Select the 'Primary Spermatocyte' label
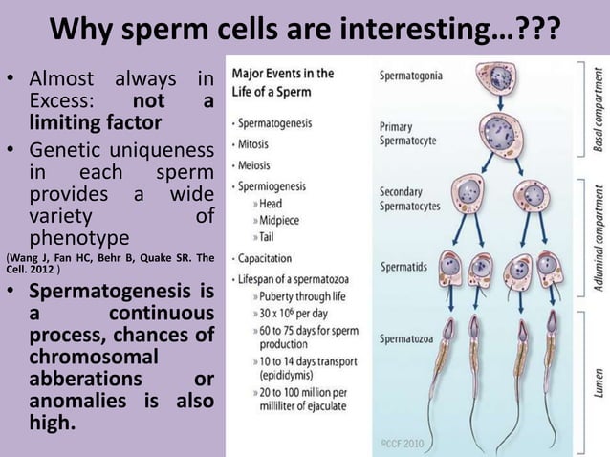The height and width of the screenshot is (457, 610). (407, 133)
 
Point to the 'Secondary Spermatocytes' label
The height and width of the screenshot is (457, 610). (413, 198)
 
